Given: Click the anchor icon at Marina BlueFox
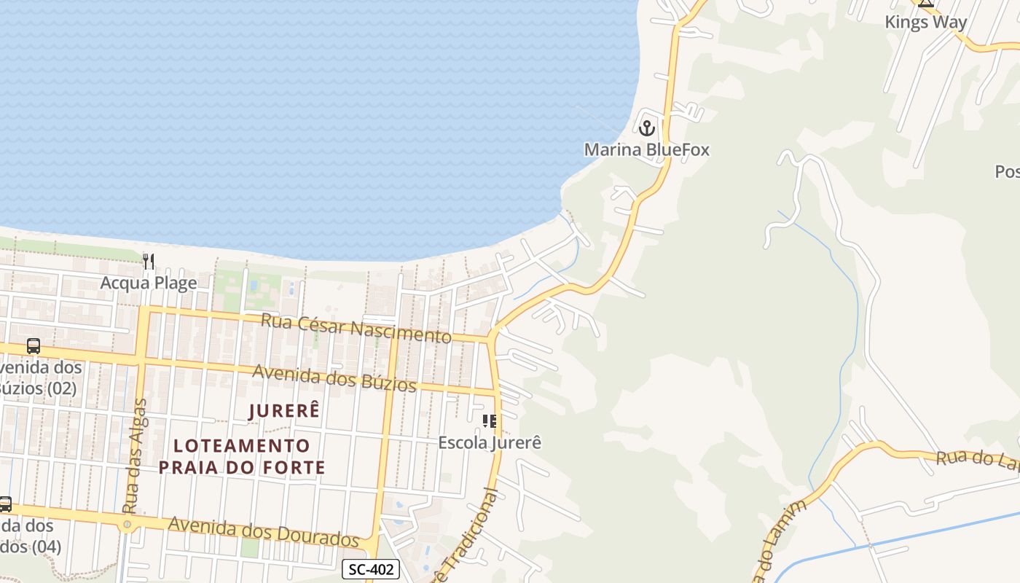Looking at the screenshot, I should point(646,128).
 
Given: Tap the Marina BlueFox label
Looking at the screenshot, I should point(646,150).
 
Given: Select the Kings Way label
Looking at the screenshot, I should point(925,22).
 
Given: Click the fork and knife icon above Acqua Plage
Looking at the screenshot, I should point(148,261).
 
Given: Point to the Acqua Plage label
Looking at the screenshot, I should point(149,283).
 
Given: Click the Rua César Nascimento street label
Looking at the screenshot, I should point(356,327).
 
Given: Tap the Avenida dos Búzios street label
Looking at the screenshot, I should point(334,377).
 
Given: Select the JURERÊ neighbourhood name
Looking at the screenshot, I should point(284,410).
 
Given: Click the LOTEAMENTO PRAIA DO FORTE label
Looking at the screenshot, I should point(242,456).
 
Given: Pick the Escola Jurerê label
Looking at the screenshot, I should point(490,442).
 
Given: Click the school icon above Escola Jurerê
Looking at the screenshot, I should point(490,420).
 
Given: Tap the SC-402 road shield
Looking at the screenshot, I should point(371,569).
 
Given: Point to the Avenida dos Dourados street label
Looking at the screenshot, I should point(264,531).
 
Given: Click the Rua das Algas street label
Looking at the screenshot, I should point(135,455).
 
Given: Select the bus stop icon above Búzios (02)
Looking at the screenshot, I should point(34,346).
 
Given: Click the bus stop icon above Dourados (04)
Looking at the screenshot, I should point(5,504).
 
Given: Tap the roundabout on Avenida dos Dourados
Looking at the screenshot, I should point(127,524).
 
